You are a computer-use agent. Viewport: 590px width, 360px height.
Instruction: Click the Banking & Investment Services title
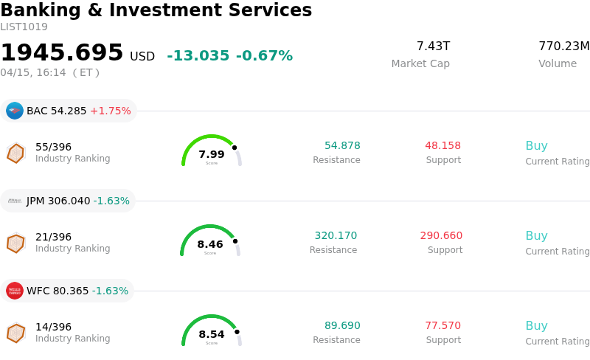156,11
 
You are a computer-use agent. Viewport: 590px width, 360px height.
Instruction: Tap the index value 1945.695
62,53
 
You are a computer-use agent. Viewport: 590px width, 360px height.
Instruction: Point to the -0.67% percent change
264,56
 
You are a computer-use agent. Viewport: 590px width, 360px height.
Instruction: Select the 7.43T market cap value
433,46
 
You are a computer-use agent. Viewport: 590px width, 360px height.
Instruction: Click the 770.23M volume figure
563,46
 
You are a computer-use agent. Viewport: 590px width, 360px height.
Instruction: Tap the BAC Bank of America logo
15,111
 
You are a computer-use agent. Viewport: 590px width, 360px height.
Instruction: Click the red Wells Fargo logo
15,291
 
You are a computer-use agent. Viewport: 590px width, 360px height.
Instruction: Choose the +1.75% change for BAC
111,111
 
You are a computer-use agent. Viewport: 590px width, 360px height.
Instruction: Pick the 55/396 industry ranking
53,147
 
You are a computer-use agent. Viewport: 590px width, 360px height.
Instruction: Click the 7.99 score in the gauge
212,154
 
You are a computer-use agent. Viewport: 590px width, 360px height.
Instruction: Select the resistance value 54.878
342,146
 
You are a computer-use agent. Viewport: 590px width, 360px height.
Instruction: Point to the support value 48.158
442,146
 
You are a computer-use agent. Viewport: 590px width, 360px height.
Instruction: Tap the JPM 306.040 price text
58,201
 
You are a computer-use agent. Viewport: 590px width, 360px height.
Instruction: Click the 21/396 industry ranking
53,237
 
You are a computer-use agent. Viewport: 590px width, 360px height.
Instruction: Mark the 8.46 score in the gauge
210,244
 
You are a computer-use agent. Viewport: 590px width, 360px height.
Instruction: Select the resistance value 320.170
336,236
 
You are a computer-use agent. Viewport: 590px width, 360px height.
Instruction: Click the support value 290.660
441,236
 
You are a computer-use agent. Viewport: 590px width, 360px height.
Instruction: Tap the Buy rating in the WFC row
536,326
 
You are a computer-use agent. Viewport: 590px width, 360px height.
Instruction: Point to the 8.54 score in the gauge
212,334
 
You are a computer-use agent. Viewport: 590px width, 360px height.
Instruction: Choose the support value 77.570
442,326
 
